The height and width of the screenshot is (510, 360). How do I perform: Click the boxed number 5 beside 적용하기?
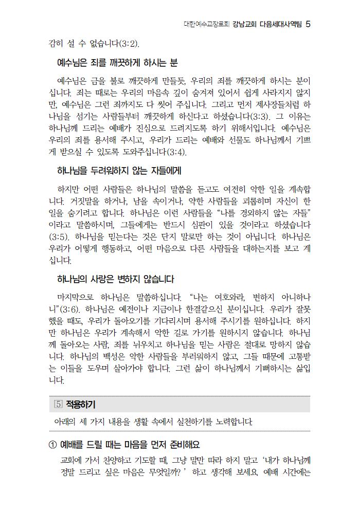tap(58, 404)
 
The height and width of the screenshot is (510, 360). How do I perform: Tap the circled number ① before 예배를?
tap(51, 444)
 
